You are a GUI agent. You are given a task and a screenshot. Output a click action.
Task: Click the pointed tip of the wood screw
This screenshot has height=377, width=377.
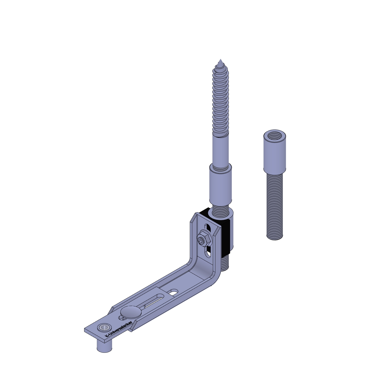(220, 59)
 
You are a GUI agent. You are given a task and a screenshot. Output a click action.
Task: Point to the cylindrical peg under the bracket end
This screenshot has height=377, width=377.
(104, 346)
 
